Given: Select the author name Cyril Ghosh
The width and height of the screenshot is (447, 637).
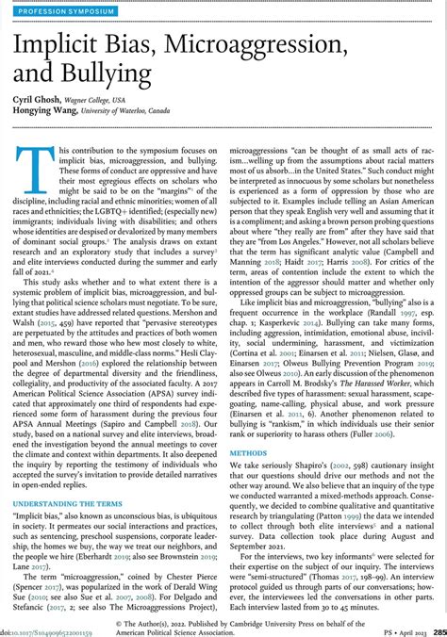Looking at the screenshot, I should coord(41,99).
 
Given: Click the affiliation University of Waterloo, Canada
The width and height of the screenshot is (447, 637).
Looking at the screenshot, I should coord(154,112).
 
